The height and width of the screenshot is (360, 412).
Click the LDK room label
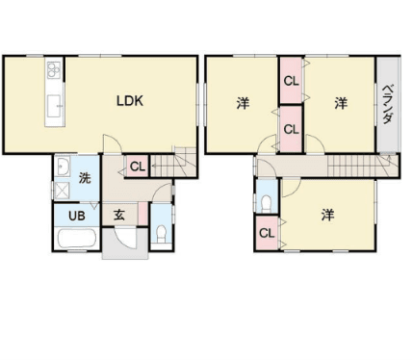pyautogui.click(x=130, y=101)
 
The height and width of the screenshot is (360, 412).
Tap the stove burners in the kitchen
pyautogui.click(x=54, y=70)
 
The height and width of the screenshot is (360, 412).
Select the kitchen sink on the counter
pyautogui.click(x=55, y=106)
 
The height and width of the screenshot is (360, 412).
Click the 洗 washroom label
pyautogui.click(x=85, y=177)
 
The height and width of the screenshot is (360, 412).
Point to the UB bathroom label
pyautogui.click(x=77, y=216)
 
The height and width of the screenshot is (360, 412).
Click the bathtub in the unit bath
pyautogui.click(x=77, y=239)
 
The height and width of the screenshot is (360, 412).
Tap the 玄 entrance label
pyautogui.click(x=119, y=215)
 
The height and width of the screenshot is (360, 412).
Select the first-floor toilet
pyautogui.click(x=161, y=234)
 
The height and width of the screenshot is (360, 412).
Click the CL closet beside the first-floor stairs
pyautogui.click(x=138, y=167)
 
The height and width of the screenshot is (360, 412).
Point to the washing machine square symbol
pyautogui.click(x=62, y=191)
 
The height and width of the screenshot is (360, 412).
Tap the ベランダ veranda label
pyautogui.click(x=388, y=104)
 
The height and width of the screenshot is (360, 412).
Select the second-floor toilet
pyautogui.click(x=266, y=204)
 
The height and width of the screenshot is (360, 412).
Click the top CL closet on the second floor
pyautogui.click(x=292, y=81)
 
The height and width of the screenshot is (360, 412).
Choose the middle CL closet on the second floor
pyautogui.click(x=292, y=129)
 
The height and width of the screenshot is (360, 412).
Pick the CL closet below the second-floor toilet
pyautogui.click(x=267, y=233)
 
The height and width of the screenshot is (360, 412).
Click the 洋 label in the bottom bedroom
pyautogui.click(x=327, y=215)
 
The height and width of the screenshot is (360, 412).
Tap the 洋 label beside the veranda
pyautogui.click(x=341, y=103)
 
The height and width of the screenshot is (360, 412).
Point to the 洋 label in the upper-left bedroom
pyautogui.click(x=243, y=103)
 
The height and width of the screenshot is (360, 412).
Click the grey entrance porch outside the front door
pyautogui.click(x=125, y=244)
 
